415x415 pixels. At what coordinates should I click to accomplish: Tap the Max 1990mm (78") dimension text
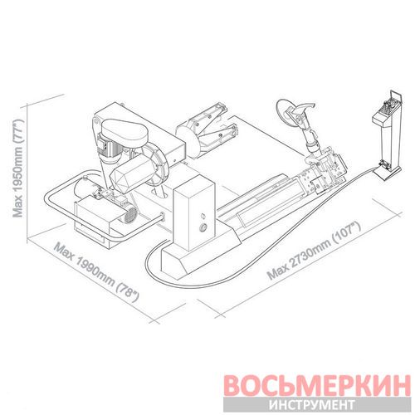[96, 272]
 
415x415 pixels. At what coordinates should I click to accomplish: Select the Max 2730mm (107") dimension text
[315, 251]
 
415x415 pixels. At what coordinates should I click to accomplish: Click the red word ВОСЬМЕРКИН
[317, 385]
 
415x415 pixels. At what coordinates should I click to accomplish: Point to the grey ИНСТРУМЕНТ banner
[317, 405]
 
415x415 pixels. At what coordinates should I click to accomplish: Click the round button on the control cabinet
[203, 227]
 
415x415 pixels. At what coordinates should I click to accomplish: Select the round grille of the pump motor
[131, 215]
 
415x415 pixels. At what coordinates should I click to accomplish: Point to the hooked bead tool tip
[307, 106]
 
